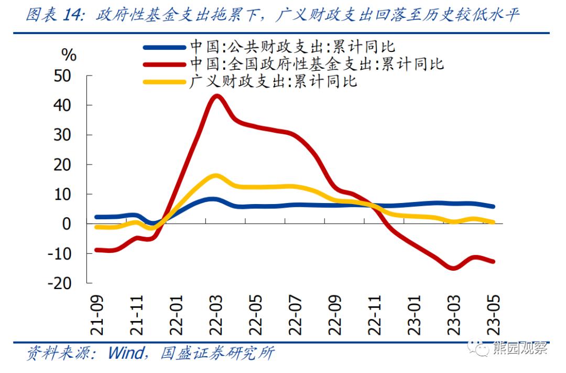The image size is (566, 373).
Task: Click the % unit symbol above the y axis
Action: point(69,55)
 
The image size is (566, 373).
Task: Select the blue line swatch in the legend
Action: point(164,47)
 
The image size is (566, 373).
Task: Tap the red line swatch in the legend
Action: point(164,64)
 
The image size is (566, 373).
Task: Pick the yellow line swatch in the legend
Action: point(164,81)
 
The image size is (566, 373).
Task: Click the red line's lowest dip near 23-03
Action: point(453,269)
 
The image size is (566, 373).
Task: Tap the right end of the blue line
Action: point(493,207)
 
